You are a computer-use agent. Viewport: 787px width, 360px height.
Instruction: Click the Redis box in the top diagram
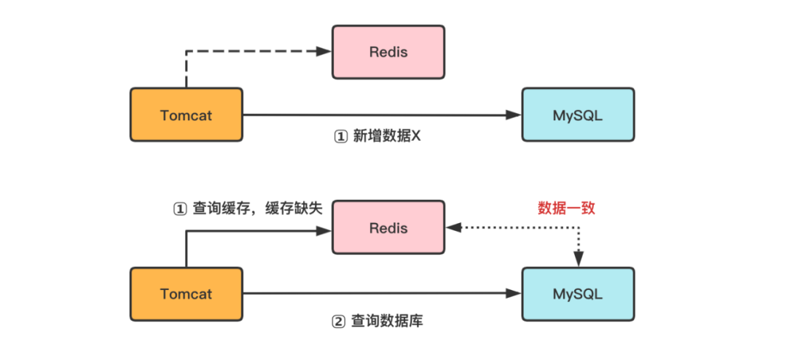[388, 52]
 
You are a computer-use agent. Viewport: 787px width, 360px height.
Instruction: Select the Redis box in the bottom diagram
[388, 228]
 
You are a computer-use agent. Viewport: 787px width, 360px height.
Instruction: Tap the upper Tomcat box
[186, 114]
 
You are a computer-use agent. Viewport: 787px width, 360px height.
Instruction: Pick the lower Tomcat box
[186, 294]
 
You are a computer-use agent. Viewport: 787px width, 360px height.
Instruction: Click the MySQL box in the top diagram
[578, 114]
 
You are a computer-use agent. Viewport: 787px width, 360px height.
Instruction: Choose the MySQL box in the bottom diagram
[578, 294]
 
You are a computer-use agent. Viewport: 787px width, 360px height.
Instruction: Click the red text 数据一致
[567, 208]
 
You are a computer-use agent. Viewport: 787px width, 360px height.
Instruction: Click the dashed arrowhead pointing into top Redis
[326, 51]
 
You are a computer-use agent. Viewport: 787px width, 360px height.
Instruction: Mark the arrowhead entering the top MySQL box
[515, 114]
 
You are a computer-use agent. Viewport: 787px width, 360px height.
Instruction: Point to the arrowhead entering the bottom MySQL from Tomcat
[515, 294]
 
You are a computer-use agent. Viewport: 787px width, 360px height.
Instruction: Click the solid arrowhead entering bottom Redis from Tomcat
[326, 231]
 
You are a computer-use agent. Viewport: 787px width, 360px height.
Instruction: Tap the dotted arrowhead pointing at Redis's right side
[453, 228]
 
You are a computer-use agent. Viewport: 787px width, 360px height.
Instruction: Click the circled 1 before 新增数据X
[340, 137]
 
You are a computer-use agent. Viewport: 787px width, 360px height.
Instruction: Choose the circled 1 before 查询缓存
[179, 208]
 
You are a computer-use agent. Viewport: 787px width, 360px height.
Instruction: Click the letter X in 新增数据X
[417, 137]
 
